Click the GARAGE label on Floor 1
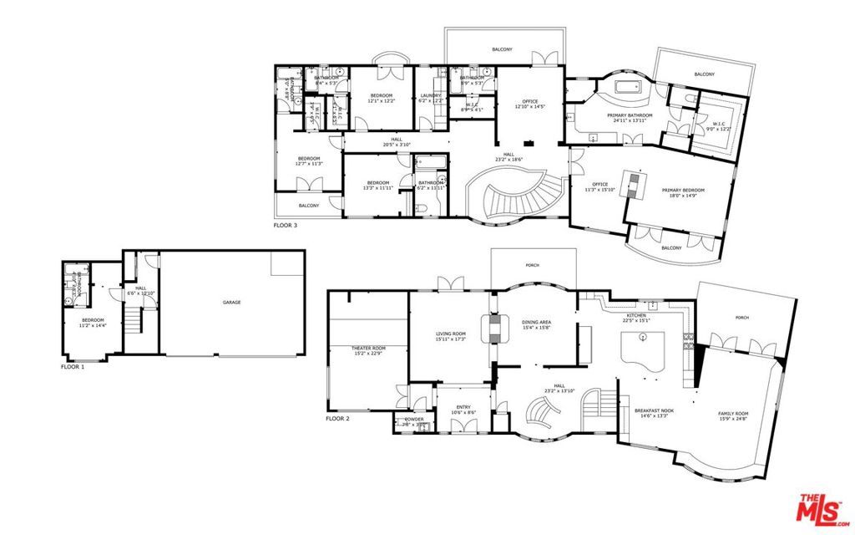pyautogui.click(x=231, y=303)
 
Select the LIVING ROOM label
pyautogui.click(x=451, y=334)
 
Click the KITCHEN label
pyautogui.click(x=637, y=315)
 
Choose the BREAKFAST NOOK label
pyautogui.click(x=654, y=410)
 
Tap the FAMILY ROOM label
pyautogui.click(x=734, y=414)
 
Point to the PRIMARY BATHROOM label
pyautogui.click(x=629, y=115)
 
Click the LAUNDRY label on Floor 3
pyautogui.click(x=431, y=96)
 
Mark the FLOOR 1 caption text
pyautogui.click(x=73, y=366)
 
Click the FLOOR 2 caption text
pyautogui.click(x=336, y=418)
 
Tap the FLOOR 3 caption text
pyautogui.click(x=286, y=225)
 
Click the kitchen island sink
pyautogui.click(x=644, y=337)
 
